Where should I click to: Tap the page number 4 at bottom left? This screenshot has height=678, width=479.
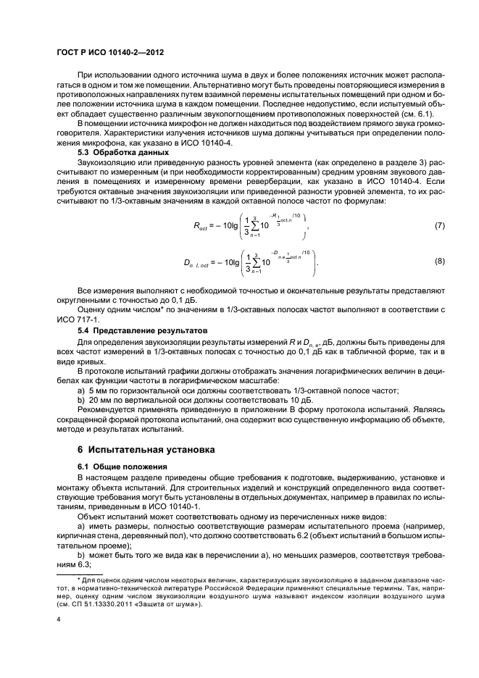coord(58,619)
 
